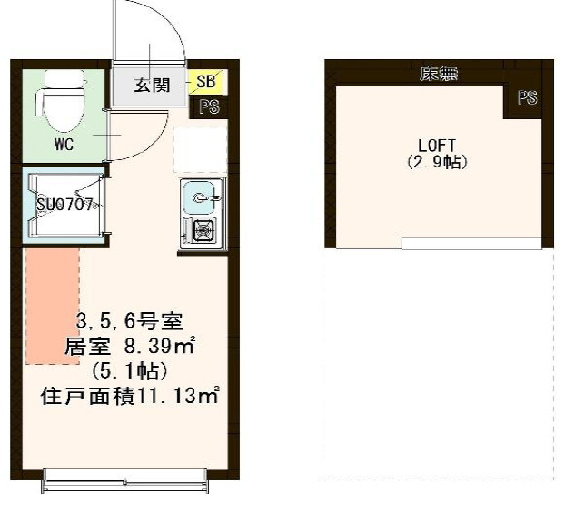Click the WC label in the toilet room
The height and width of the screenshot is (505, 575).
click(64, 145)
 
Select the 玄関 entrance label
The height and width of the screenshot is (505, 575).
click(153, 86)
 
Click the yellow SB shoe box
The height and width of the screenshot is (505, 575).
click(206, 82)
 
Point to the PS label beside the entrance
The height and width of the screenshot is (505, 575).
click(210, 106)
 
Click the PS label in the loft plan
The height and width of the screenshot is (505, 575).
click(528, 97)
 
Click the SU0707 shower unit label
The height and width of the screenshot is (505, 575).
click(64, 205)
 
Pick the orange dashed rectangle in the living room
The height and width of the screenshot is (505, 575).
click(53, 307)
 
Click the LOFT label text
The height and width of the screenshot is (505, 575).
click(437, 146)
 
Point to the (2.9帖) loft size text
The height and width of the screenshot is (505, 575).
click(437, 162)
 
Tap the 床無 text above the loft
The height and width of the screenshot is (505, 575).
click(439, 74)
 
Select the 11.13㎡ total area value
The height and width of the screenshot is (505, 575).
click(177, 396)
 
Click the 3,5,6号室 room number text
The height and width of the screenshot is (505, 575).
click(130, 321)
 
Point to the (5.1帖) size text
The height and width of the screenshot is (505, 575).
click(130, 371)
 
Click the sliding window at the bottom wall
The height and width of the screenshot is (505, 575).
click(124, 480)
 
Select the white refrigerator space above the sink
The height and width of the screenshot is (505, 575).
click(200, 150)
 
